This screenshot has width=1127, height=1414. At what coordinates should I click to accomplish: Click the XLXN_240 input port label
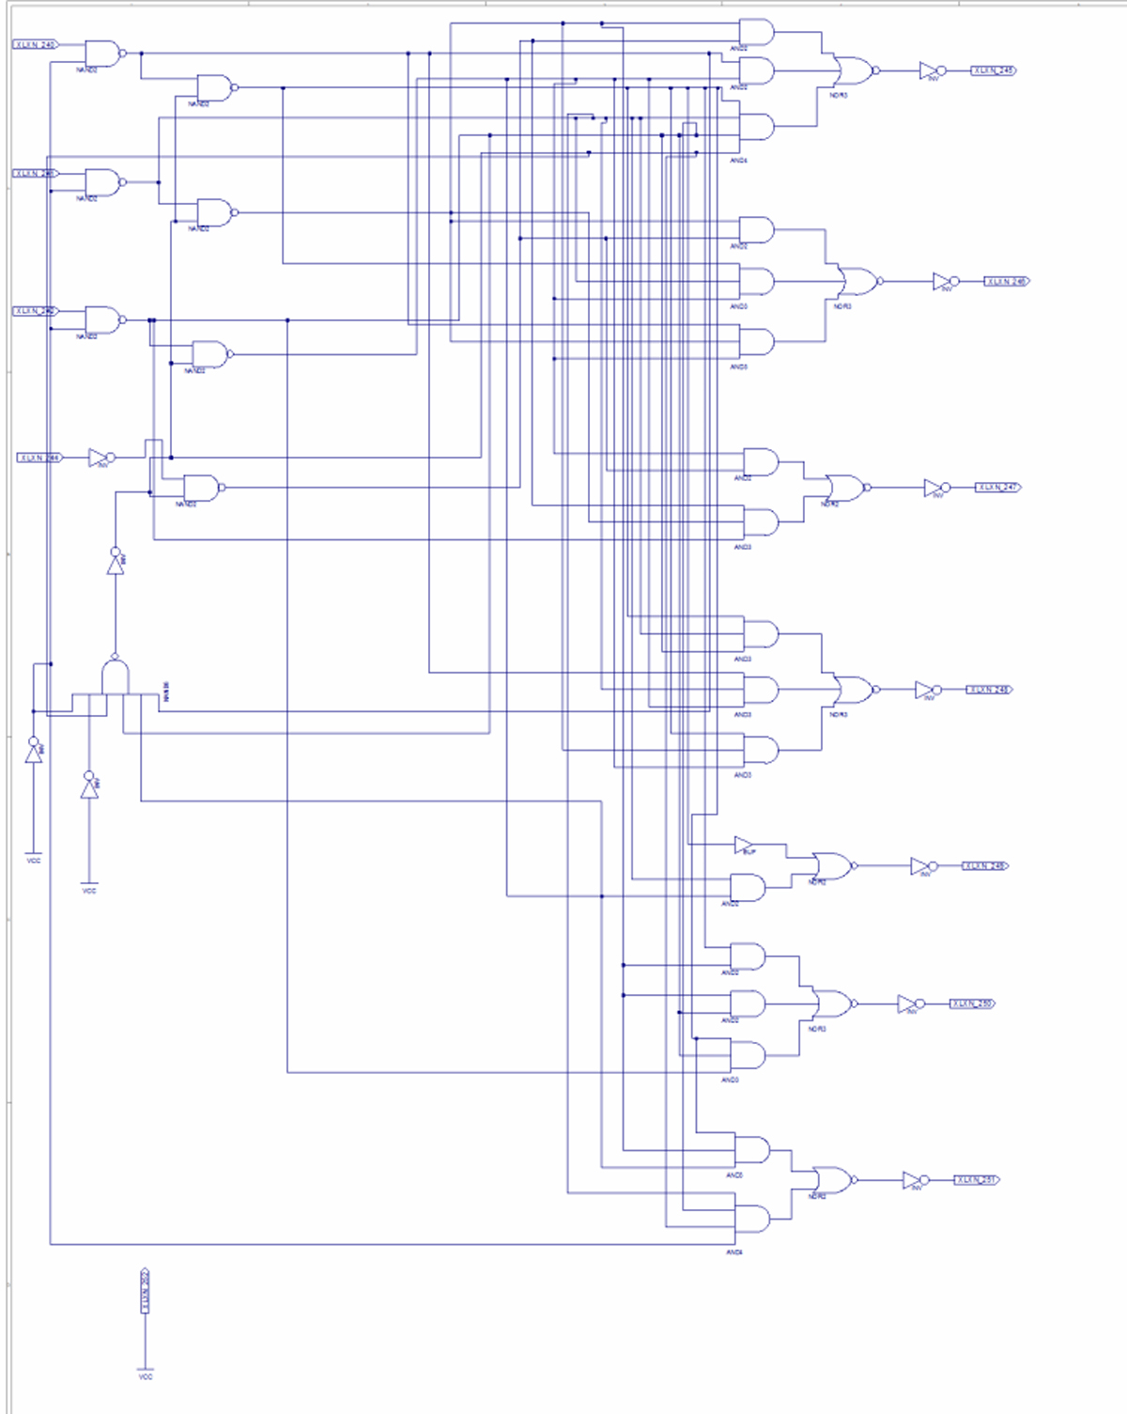click(x=36, y=44)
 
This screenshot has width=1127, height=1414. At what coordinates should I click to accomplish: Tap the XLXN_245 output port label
click(x=993, y=70)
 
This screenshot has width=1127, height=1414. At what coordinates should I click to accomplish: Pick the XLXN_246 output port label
click(x=1006, y=282)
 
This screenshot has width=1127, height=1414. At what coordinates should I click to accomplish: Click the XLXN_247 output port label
click(x=997, y=488)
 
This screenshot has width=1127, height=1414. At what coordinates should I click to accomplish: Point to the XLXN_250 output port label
click(x=972, y=1004)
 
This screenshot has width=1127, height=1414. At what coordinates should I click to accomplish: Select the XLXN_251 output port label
click(x=977, y=1180)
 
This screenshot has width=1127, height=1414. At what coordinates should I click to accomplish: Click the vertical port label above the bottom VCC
click(x=146, y=1292)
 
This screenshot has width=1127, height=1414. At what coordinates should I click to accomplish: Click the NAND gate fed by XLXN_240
click(x=103, y=54)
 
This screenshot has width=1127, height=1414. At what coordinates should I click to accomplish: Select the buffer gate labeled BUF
click(x=744, y=845)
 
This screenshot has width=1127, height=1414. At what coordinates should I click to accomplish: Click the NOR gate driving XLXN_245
click(x=854, y=70)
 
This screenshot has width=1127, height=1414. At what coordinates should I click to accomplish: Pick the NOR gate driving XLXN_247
click(x=845, y=488)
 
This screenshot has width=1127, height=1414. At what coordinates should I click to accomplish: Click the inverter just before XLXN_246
click(x=944, y=282)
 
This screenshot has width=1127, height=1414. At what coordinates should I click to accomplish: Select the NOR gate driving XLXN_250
click(x=833, y=1004)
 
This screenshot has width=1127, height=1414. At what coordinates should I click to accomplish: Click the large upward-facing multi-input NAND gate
click(x=116, y=676)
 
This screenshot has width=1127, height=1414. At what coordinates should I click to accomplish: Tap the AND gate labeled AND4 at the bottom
click(x=751, y=1220)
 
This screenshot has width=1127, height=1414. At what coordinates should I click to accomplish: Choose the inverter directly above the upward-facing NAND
click(x=116, y=561)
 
